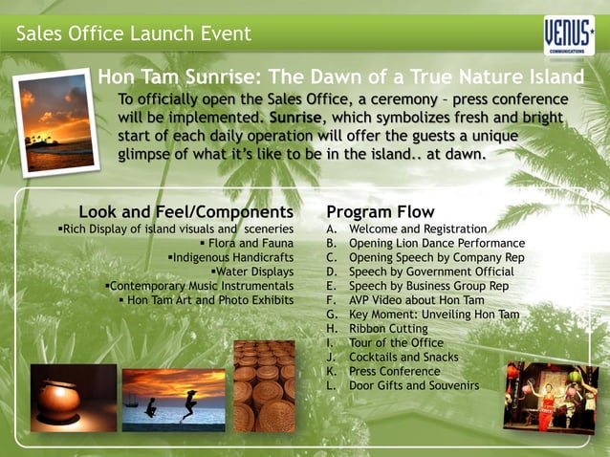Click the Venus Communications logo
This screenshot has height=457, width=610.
click(x=569, y=35)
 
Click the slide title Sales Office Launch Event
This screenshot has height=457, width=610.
click(x=133, y=35)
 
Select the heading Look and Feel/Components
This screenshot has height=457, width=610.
click(x=185, y=211)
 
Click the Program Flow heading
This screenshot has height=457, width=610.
click(x=380, y=211)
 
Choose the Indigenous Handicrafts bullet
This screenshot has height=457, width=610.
click(x=230, y=258)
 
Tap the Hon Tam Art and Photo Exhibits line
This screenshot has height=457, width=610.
click(x=206, y=300)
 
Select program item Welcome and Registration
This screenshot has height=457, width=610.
click(x=418, y=229)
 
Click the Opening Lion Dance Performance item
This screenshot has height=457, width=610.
click(x=436, y=244)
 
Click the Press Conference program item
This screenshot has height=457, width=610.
click(x=394, y=371)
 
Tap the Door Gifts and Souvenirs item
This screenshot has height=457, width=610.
click(x=413, y=385)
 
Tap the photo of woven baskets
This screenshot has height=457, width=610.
click(x=264, y=385)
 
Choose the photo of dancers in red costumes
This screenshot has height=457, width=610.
click(x=550, y=395)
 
